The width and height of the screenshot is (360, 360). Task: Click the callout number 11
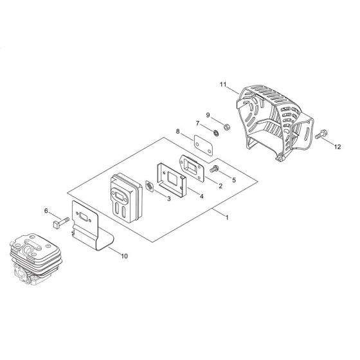(x=223, y=85)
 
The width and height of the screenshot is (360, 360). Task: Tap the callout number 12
(x=337, y=147)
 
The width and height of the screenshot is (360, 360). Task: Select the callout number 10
(x=124, y=256)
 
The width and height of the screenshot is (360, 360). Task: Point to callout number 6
(x=46, y=211)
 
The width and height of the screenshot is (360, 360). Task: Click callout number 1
(x=227, y=217)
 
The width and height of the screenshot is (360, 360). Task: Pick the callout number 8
(x=177, y=132)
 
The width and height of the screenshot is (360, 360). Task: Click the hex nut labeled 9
(x=226, y=127)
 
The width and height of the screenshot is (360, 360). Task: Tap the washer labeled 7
(x=216, y=133)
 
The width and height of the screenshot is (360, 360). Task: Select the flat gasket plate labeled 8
(x=203, y=145)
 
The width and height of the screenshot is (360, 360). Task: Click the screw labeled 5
(x=214, y=169)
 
